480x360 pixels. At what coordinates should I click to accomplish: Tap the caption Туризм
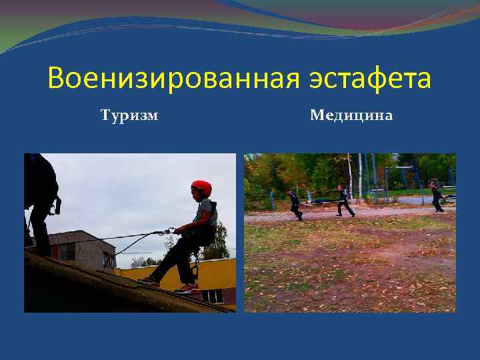pyautogui.click(x=129, y=116)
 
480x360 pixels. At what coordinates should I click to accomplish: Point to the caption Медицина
pyautogui.click(x=351, y=116)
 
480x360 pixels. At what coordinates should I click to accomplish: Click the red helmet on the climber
pyautogui.click(x=201, y=188)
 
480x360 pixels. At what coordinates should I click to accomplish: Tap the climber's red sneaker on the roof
pyautogui.click(x=187, y=288)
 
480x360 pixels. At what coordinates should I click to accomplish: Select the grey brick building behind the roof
pyautogui.click(x=80, y=247)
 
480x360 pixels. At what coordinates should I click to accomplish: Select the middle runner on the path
pyautogui.click(x=343, y=201)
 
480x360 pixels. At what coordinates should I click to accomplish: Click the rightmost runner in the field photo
pyautogui.click(x=436, y=197)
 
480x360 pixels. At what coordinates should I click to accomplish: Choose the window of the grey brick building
pyautogui.click(x=67, y=251)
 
